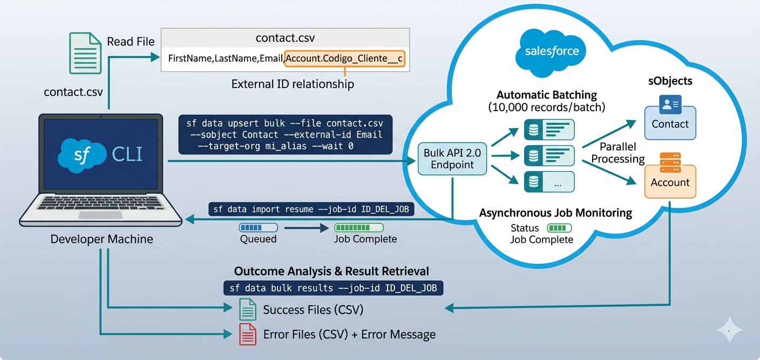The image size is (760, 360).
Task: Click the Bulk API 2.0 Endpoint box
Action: click(452, 159)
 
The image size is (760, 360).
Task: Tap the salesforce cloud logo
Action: click(551, 52)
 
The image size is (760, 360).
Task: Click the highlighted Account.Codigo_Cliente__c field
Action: click(345, 58)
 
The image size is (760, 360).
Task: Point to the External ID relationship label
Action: click(293, 84)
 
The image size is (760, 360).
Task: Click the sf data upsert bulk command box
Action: click(285, 134)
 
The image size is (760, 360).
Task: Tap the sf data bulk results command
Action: click(333, 288)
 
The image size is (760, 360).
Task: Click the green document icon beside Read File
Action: click(85, 53)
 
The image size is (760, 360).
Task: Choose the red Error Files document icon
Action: click(248, 335)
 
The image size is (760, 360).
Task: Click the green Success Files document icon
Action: click(248, 310)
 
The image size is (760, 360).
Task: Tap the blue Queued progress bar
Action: click(258, 228)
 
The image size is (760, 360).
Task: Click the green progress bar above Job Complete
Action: click(359, 228)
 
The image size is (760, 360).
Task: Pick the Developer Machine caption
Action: click(101, 239)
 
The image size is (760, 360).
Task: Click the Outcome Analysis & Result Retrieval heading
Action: click(331, 271)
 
